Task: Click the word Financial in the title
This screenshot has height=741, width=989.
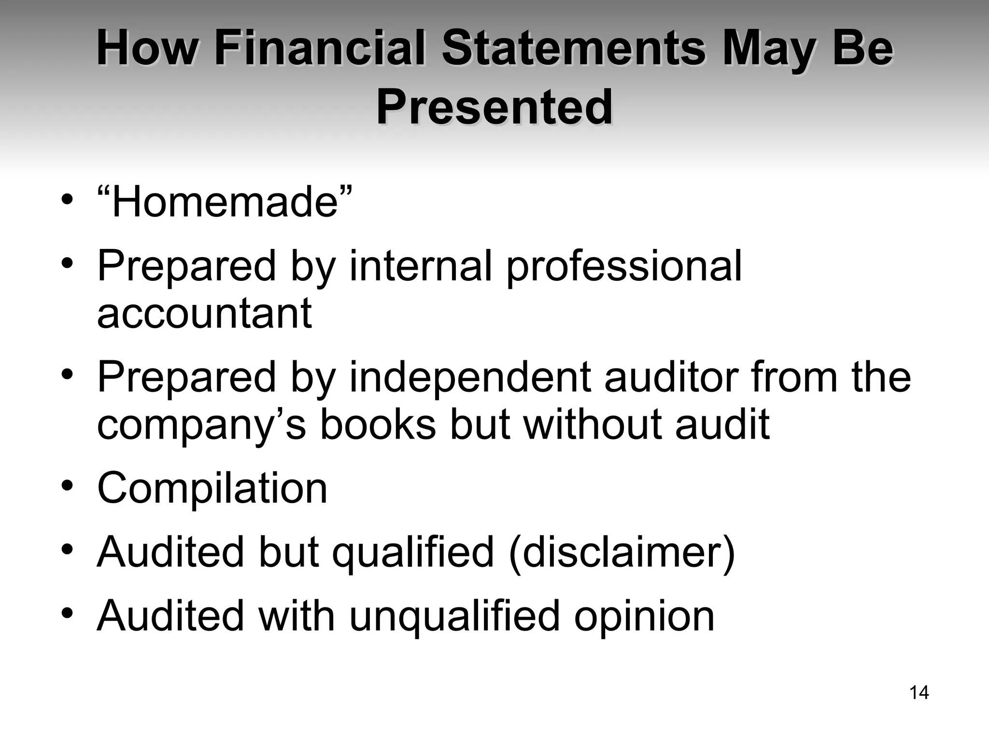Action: tap(320, 48)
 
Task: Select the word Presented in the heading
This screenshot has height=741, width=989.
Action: tap(494, 107)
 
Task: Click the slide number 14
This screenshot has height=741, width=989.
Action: tap(919, 693)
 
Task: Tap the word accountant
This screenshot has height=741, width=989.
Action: tap(204, 314)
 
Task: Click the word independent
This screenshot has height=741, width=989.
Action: tap(469, 378)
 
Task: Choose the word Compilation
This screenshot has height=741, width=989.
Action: tap(212, 488)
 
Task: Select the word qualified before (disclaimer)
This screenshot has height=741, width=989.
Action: tap(413, 553)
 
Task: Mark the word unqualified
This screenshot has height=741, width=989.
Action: tap(454, 617)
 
